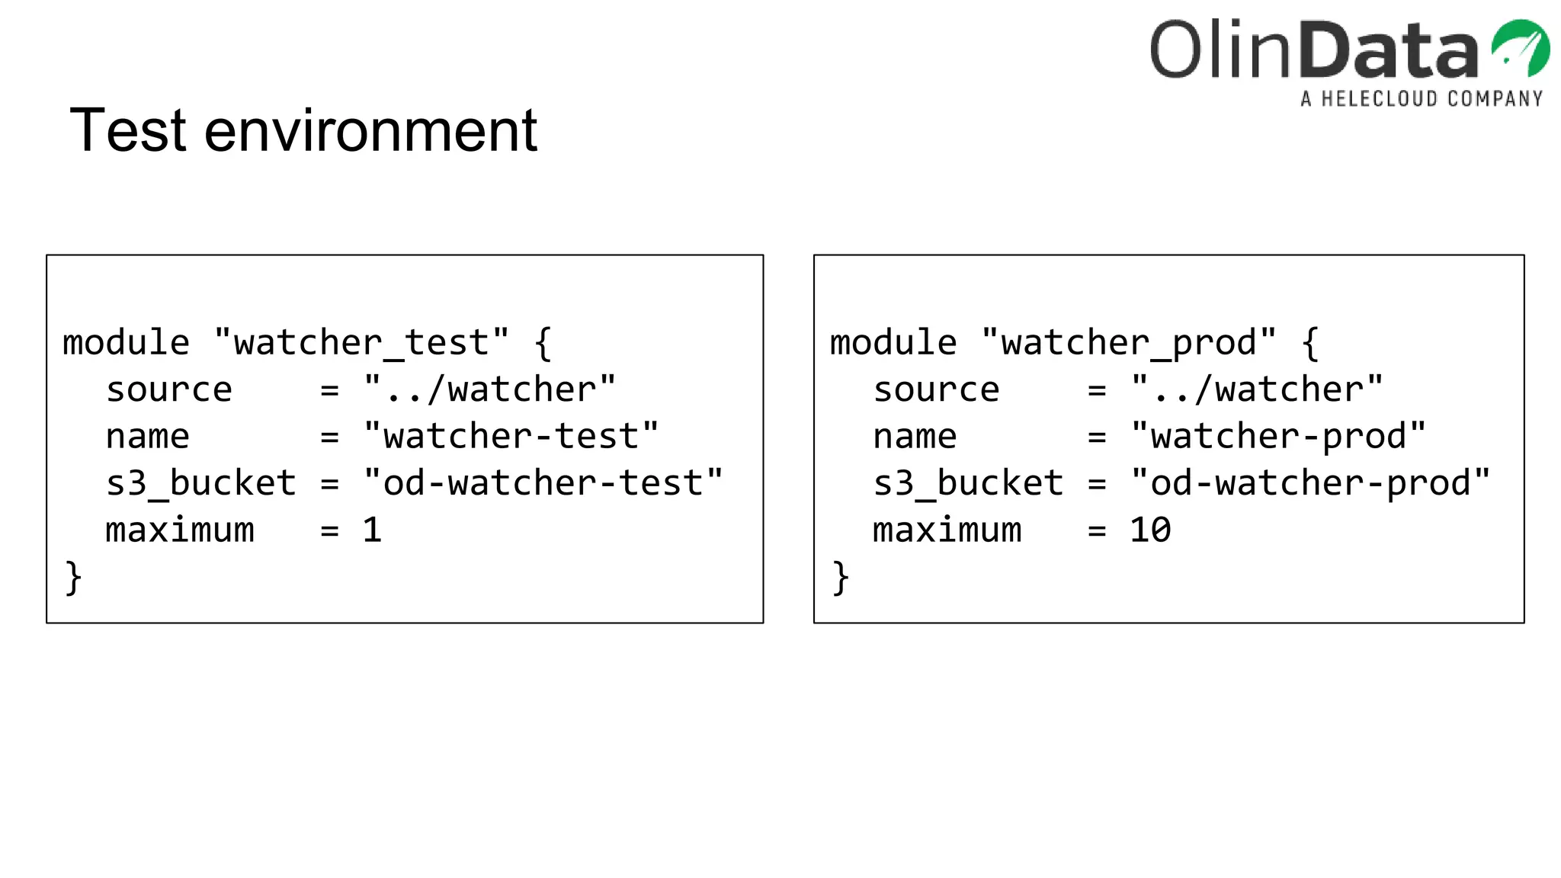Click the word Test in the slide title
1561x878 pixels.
coord(127,130)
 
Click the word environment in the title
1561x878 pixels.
coord(370,130)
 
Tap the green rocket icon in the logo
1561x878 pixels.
coord(1520,48)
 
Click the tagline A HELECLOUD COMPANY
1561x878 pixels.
coord(1422,99)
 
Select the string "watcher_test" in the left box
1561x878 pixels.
coord(361,342)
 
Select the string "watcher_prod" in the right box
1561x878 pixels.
coord(1128,342)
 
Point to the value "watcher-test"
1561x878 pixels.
coord(511,437)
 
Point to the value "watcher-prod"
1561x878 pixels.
coord(1277,437)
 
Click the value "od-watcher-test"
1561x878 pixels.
coord(543,483)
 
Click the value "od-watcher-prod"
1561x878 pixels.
coord(1309,483)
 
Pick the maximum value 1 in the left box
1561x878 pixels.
coord(372,530)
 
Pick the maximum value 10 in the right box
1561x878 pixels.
coord(1150,530)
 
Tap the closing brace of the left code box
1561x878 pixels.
coord(73,577)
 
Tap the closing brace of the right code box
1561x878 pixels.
coord(840,577)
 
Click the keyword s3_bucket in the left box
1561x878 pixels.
coord(201,483)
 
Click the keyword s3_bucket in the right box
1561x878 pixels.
coord(968,483)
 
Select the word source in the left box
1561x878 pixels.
coord(169,390)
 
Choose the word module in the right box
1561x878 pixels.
coord(893,342)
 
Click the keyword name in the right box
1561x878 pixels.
coord(915,437)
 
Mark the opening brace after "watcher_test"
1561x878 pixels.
coord(543,342)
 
